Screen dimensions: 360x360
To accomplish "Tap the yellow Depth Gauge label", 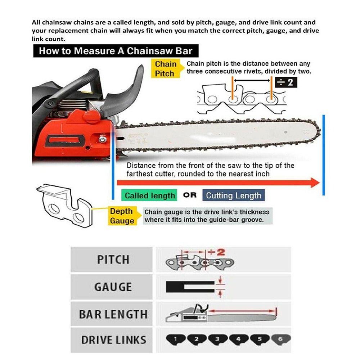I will point(121,216).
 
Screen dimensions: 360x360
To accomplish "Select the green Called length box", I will point(150,195).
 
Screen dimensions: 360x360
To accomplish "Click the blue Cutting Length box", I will point(233,195).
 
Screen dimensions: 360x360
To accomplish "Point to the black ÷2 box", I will point(286,82).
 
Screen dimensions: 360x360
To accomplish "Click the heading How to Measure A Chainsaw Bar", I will point(116,51).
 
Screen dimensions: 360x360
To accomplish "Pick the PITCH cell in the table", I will point(113,259).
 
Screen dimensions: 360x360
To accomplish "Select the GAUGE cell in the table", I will point(113,287).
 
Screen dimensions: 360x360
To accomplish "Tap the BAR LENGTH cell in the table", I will point(113,314).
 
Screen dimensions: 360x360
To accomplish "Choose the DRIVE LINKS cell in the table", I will point(113,340).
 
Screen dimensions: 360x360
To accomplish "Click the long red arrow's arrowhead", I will point(315,183).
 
